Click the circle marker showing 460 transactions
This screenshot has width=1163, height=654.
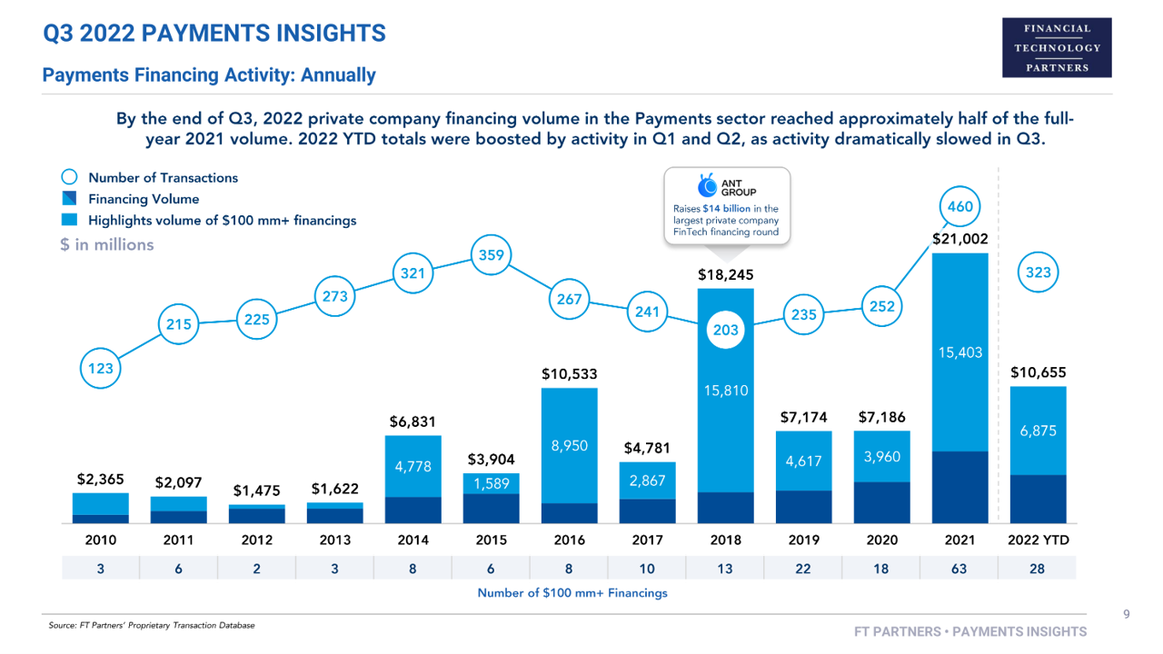click(x=959, y=207)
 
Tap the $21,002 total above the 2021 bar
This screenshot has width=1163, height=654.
click(x=959, y=239)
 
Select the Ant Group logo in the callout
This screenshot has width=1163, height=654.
click(x=707, y=187)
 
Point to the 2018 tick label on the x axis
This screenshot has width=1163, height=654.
click(x=725, y=540)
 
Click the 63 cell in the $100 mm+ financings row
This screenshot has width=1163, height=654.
click(x=959, y=568)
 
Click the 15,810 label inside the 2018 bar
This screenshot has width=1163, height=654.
click(x=725, y=391)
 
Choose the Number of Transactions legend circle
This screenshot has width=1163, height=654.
click(x=70, y=178)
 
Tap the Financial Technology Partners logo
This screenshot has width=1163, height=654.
click(x=1057, y=46)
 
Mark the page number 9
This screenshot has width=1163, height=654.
click(x=1126, y=615)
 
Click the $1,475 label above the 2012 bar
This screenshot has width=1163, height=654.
click(x=257, y=490)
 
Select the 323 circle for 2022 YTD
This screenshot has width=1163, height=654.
click(x=1038, y=272)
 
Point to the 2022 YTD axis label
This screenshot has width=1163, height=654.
click(x=1038, y=540)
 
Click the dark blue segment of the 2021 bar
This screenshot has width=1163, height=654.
click(x=959, y=487)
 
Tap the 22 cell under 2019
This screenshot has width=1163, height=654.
click(x=803, y=568)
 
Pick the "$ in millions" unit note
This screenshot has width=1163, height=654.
click(x=107, y=245)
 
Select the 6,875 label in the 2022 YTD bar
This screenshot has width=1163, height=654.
click(x=1038, y=432)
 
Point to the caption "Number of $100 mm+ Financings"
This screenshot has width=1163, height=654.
click(x=572, y=593)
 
